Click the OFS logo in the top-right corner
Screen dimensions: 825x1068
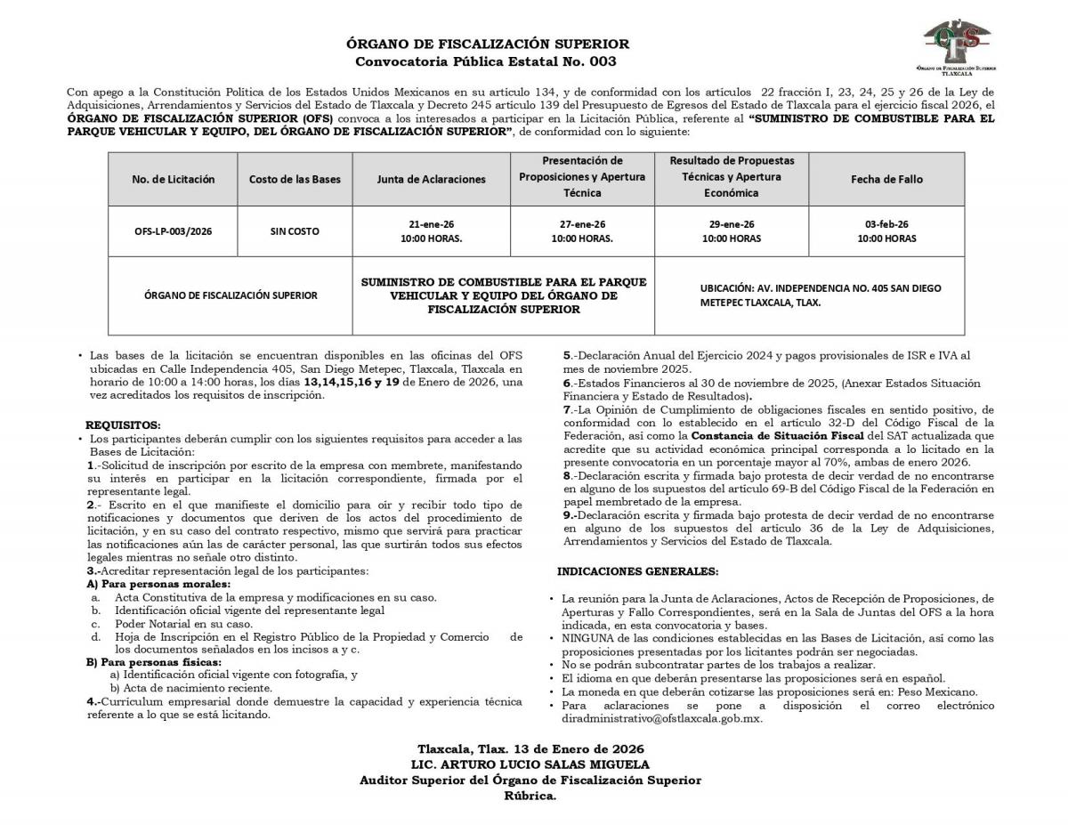[x=958, y=44]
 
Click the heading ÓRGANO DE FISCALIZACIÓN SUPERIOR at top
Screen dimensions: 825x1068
[x=487, y=44]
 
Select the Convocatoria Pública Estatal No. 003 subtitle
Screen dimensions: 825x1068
[x=486, y=61]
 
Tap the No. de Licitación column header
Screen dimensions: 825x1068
[x=174, y=179]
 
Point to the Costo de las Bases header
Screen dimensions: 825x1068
[x=295, y=179]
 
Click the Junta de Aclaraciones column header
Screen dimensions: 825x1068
[x=432, y=179]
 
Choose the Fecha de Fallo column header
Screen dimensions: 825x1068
[x=886, y=179]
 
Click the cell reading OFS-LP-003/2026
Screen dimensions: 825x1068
[x=174, y=231]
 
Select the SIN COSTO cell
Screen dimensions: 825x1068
[x=295, y=231]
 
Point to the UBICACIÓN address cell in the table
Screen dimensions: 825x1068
[x=808, y=295]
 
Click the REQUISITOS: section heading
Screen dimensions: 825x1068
[x=123, y=425]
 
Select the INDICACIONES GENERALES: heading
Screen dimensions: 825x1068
[x=637, y=570]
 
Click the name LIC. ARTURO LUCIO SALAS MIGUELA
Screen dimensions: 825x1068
[x=530, y=764]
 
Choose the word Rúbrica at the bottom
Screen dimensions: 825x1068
[x=530, y=796]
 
